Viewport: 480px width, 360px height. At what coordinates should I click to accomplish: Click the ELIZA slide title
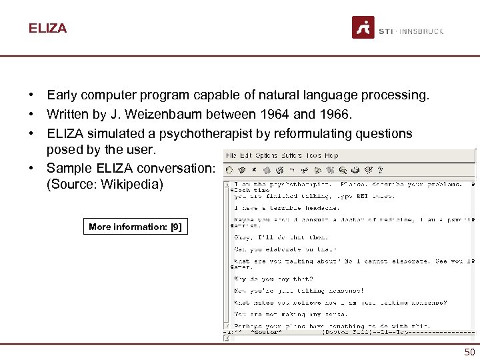pos(47,29)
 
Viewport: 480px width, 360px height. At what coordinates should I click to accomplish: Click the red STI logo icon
pos(363,28)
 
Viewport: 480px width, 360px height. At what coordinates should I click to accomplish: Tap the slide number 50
pos(469,351)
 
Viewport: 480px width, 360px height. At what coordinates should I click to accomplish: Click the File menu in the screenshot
pos(231,155)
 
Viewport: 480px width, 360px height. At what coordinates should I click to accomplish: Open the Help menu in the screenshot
pos(331,155)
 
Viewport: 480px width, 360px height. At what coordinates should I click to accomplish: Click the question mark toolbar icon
pos(379,170)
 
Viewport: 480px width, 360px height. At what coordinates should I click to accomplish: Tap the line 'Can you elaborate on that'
pos(275,249)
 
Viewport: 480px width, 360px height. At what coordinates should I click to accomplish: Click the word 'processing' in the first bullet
pos(393,96)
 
